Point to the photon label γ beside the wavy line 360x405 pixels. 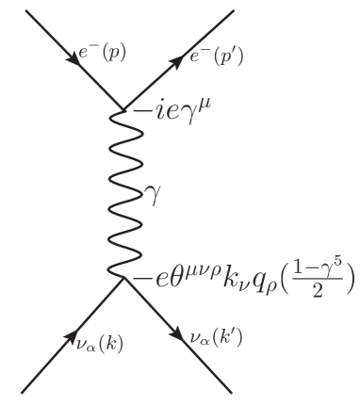pos(151,194)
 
